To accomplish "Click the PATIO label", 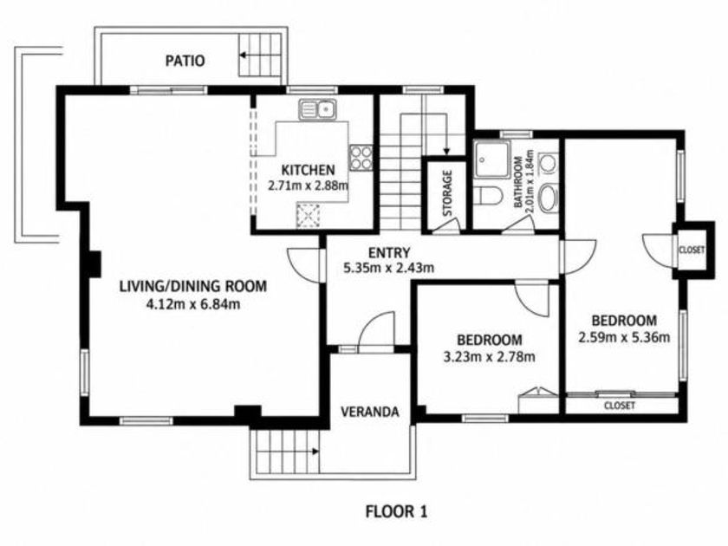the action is coord(185,61).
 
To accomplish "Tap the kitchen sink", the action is coord(317,109).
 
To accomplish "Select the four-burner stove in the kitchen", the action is coord(361,158).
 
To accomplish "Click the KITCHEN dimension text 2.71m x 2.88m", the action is coord(308,185).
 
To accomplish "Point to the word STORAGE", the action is coord(447,193).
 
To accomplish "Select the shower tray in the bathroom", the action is coord(491,159).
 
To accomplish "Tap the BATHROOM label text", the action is coord(518,182).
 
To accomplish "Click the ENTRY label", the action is coord(389,253).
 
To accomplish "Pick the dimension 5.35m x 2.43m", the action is coord(388,268).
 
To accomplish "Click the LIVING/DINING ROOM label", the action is coord(193,286).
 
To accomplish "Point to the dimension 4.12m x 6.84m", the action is coord(193,304).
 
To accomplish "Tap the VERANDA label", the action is coord(369,412).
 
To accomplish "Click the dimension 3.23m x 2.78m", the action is coord(490,357).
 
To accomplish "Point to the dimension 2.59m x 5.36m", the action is coord(624,337).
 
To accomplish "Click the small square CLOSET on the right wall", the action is coord(692,250).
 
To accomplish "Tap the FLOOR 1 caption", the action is coord(396,511).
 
